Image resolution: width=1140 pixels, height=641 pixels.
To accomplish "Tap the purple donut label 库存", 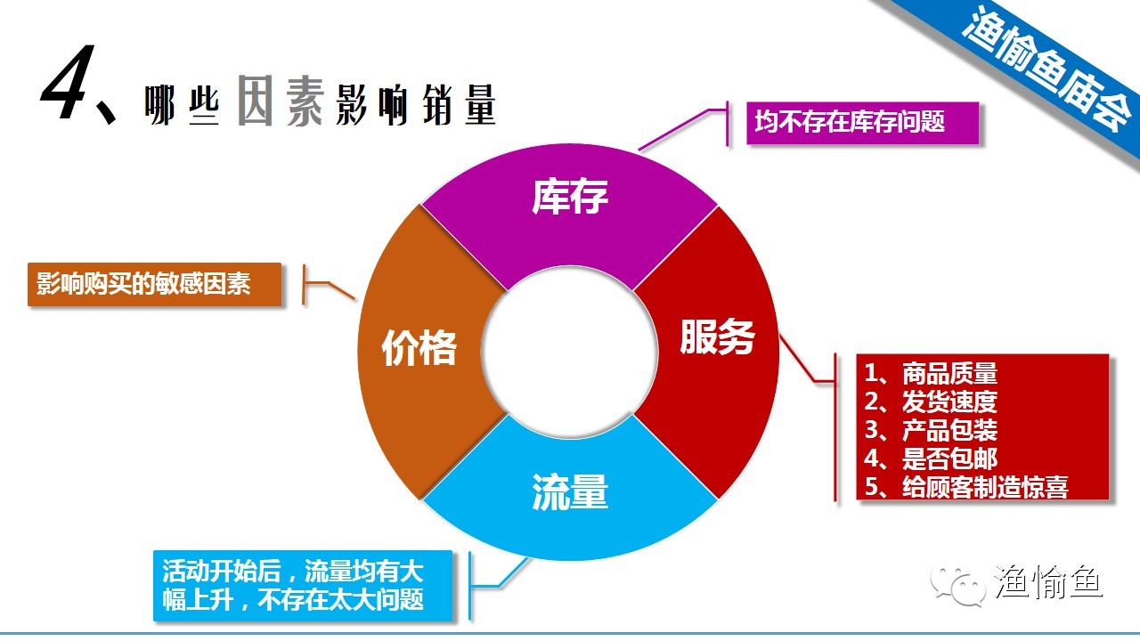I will click(570, 197).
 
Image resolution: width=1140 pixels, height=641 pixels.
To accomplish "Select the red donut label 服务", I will click(717, 337).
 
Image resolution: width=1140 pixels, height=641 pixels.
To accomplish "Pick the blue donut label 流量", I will click(570, 491).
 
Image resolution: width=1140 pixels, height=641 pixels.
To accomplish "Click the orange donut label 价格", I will click(419, 347).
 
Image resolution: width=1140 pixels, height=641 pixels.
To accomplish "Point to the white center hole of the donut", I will click(570, 344).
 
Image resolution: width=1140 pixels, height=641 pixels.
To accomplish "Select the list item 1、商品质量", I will click(931, 373).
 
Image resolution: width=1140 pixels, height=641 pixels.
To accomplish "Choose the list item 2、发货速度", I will click(931, 402).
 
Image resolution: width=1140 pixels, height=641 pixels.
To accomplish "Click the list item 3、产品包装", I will click(931, 430).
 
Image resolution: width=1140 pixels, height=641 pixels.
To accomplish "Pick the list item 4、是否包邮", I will click(931, 458).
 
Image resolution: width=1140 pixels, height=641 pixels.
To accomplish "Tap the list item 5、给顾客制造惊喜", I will click(965, 487).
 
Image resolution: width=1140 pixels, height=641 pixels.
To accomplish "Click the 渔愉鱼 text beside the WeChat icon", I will click(1047, 583).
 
